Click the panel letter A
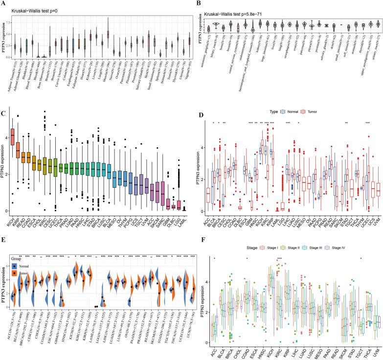3,3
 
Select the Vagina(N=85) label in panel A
188,79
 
